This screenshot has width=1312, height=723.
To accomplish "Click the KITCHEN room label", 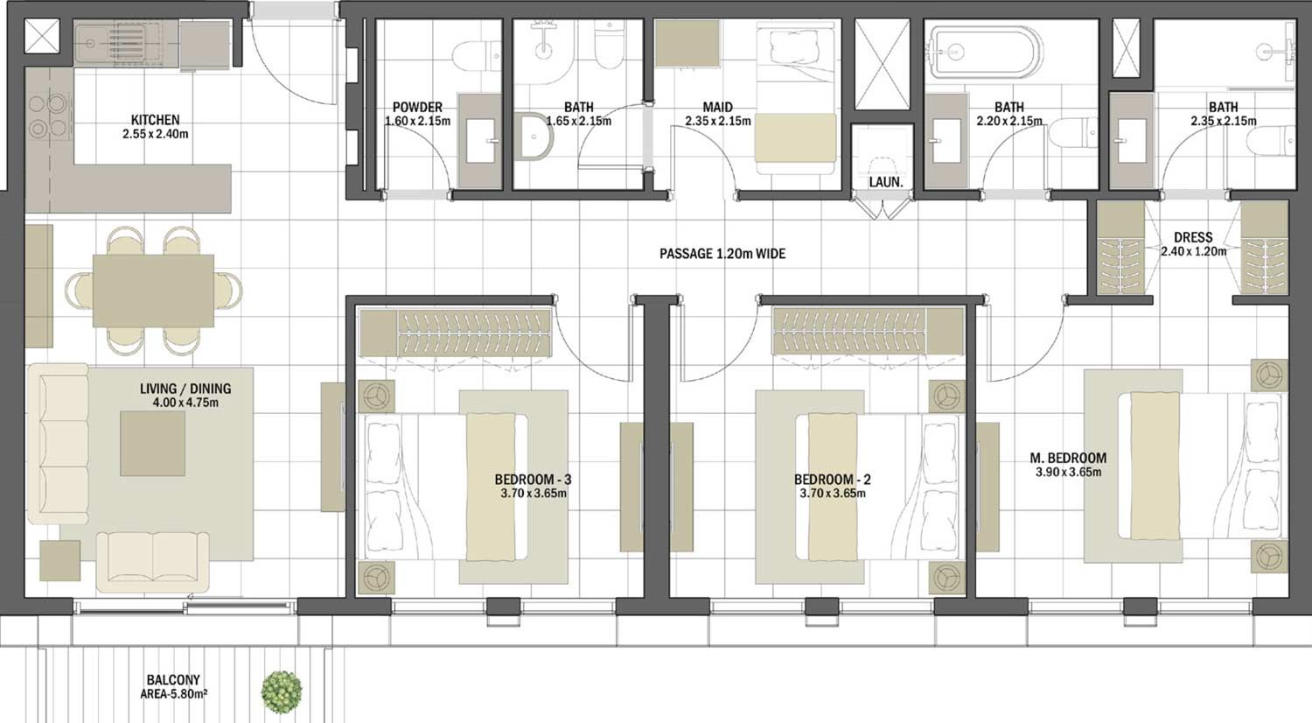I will pyautogui.click(x=156, y=120).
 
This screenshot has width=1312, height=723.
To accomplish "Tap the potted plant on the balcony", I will pyautogui.click(x=282, y=690).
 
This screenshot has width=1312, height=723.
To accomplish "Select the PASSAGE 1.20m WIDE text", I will pyautogui.click(x=722, y=254).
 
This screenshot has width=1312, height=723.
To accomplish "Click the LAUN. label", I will pyautogui.click(x=885, y=182).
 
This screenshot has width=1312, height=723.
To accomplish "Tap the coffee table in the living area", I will pyautogui.click(x=153, y=443).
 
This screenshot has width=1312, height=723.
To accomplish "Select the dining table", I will pyautogui.click(x=153, y=290).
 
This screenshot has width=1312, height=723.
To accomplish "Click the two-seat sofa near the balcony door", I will pyautogui.click(x=153, y=560).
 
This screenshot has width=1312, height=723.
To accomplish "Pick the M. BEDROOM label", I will pyautogui.click(x=1067, y=458).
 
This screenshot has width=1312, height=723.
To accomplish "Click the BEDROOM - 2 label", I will pyautogui.click(x=832, y=480).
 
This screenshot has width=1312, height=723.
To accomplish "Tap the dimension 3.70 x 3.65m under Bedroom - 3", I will pyautogui.click(x=534, y=494).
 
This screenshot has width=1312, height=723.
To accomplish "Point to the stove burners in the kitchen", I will pyautogui.click(x=48, y=116).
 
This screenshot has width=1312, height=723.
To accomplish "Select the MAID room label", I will pyautogui.click(x=717, y=108).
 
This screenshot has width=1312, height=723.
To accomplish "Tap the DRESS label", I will pyautogui.click(x=1193, y=237).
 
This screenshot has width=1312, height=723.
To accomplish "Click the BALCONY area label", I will pyautogui.click(x=173, y=679).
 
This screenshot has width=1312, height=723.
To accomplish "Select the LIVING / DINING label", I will pyautogui.click(x=185, y=389).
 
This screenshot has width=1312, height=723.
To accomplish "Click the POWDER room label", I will pyautogui.click(x=417, y=108).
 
